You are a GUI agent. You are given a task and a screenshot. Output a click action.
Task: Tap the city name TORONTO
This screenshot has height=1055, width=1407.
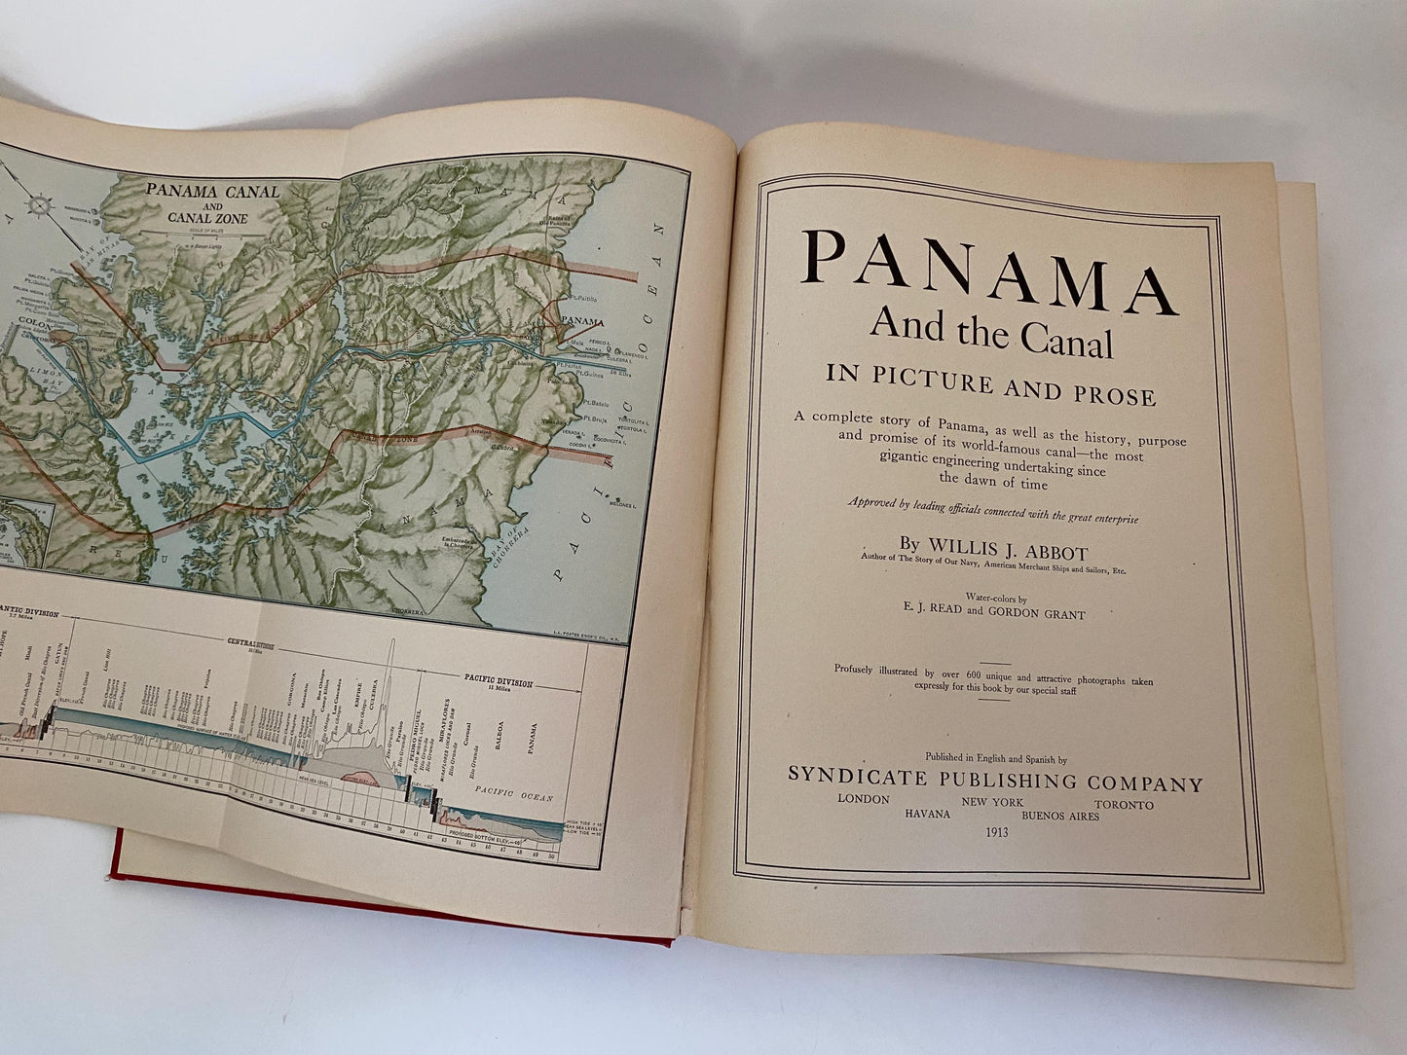pos(1123,805)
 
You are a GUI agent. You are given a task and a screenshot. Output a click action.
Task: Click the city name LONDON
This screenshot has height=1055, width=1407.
pos(863,799)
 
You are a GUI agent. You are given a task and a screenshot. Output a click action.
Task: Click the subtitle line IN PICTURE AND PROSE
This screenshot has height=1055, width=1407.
pos(990,395)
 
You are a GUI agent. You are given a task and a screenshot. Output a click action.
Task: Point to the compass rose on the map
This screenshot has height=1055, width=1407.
pos(40,205)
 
